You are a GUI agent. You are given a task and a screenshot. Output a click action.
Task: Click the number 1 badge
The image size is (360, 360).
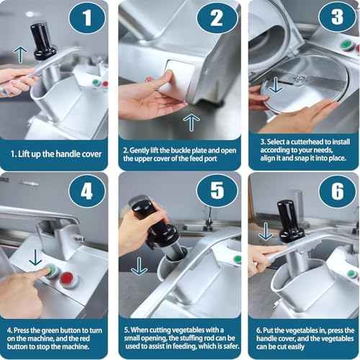(87, 17)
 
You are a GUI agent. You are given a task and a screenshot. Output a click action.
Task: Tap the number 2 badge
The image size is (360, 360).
(217, 17)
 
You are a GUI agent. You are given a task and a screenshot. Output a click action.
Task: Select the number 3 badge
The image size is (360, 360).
(337, 17)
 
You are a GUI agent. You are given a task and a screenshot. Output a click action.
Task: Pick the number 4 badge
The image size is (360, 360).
(87, 192)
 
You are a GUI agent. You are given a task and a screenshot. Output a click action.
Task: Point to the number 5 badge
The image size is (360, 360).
(217, 191)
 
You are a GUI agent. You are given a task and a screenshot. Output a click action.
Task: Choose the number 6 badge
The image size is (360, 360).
(337, 192)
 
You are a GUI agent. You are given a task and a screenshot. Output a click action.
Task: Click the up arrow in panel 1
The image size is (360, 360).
(20, 55)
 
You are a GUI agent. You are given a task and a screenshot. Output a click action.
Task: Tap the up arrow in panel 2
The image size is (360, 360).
(192, 122)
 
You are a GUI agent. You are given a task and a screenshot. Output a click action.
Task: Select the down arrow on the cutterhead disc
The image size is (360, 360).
(276, 85)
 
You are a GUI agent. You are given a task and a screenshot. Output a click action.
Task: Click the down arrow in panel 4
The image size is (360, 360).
(35, 257)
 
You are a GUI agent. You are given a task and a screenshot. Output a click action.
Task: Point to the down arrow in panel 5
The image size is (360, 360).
(139, 266)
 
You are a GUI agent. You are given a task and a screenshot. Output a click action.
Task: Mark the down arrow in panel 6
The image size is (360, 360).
(266, 231)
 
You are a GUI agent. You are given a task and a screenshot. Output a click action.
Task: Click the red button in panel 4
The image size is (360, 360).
(67, 279)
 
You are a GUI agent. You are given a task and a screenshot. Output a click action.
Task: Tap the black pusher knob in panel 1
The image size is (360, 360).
(42, 41)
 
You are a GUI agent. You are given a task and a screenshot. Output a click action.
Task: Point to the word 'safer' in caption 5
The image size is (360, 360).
(230, 346)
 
